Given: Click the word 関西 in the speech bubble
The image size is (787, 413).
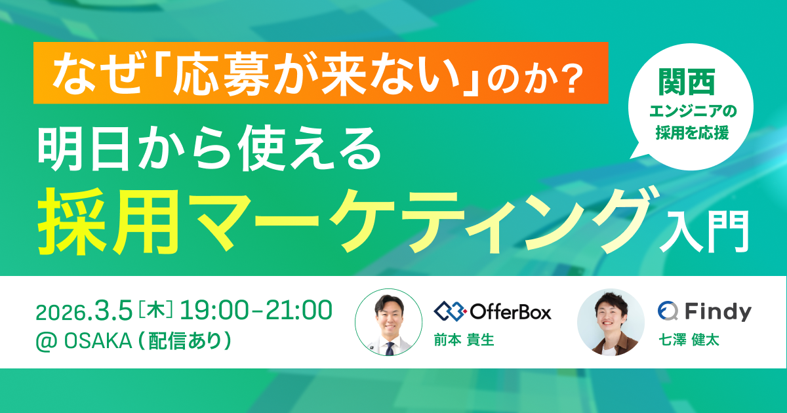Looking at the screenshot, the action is pyautogui.click(x=687, y=82).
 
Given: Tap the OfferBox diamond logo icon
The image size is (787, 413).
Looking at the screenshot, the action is pyautogui.click(x=450, y=311).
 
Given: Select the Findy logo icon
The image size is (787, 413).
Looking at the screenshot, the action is pyautogui.click(x=668, y=311).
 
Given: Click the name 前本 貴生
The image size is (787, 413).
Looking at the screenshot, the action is pyautogui.click(x=464, y=340).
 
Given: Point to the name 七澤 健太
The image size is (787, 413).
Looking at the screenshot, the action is pyautogui.click(x=689, y=340).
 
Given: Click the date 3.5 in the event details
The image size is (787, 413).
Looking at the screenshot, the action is pyautogui.click(x=111, y=311).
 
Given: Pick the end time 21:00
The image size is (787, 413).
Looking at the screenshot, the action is pyautogui.click(x=298, y=311).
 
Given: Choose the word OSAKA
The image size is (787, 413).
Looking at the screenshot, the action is pyautogui.click(x=98, y=341).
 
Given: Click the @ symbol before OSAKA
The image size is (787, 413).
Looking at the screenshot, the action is pyautogui.click(x=47, y=342).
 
